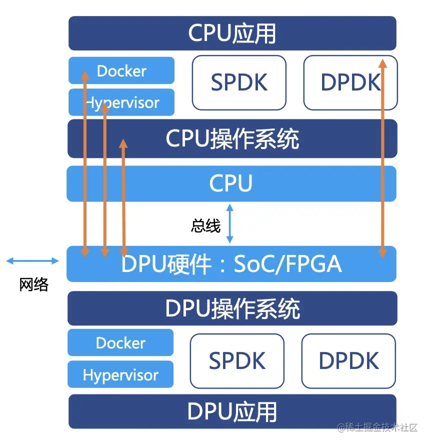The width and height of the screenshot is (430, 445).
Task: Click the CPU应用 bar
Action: pos(232,33)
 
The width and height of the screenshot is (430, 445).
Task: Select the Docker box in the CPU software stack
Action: pos(121,70)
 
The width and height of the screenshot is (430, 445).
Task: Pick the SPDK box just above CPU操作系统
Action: pos(239,82)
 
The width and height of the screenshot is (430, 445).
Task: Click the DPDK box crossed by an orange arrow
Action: pos(350,82)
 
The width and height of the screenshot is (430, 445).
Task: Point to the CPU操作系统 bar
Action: pos(232,138)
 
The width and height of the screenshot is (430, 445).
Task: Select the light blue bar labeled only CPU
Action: pos(231,183)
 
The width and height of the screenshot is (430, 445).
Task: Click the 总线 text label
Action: pos(205,226)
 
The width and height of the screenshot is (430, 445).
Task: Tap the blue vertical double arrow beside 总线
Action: pos(229,223)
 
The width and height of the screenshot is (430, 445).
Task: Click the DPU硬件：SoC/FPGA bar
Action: pos(231,263)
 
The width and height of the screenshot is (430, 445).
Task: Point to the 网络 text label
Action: pos(33,284)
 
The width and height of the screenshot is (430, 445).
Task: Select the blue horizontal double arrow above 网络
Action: pos(32,260)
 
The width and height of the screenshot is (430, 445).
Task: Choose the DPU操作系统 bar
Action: pos(232,308)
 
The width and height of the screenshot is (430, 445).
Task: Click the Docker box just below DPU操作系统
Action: pos(120,342)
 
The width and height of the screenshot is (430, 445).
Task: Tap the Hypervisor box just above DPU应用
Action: pos(120,374)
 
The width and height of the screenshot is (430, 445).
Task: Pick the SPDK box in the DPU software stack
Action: pos(237,360)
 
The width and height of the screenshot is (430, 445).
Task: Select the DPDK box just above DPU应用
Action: pos(348,360)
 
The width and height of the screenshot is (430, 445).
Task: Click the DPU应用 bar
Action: pos(232,411)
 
